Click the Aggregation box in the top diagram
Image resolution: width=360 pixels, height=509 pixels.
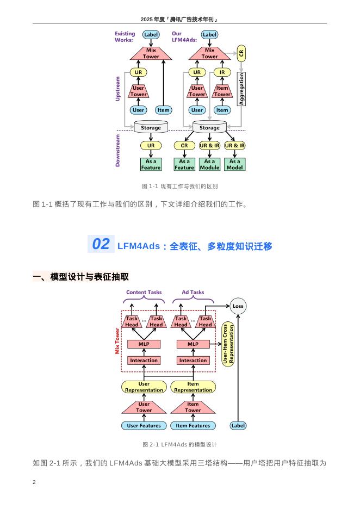click(x=241, y=89)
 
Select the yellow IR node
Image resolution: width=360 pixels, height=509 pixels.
click(x=222, y=72)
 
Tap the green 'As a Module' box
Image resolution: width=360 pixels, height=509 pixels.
click(x=209, y=164)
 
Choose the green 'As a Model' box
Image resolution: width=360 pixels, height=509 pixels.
click(x=234, y=164)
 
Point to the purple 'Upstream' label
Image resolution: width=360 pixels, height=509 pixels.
click(x=118, y=89)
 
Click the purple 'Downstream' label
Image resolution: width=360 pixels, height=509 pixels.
click(x=118, y=150)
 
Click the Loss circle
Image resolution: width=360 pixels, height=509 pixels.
click(x=238, y=306)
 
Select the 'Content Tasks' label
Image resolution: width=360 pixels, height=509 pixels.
click(x=144, y=292)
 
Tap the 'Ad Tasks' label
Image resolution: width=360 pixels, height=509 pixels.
click(x=193, y=292)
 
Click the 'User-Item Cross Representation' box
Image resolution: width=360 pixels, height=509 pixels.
click(x=228, y=344)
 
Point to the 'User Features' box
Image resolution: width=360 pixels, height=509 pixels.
click(x=144, y=426)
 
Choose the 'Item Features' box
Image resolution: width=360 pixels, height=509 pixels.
click(x=193, y=426)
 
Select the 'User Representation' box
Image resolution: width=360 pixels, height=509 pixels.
click(x=144, y=387)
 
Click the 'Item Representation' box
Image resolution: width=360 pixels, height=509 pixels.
click(x=193, y=387)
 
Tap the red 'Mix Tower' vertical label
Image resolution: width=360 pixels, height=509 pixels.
click(x=117, y=341)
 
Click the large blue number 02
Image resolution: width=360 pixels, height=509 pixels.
click(x=101, y=244)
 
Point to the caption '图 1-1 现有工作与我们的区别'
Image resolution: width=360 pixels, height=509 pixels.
click(x=179, y=186)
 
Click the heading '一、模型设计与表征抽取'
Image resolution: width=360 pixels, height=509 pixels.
click(x=81, y=277)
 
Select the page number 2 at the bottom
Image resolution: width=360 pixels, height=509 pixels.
click(x=34, y=482)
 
